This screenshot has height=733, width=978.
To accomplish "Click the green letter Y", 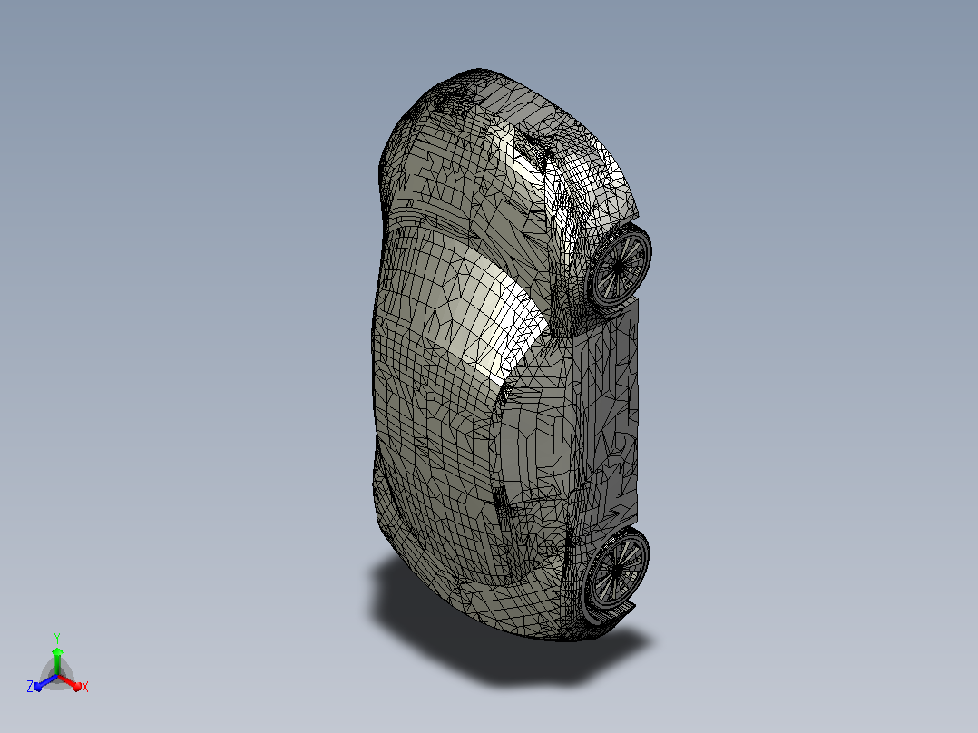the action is [57, 638].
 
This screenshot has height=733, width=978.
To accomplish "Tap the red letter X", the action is [85, 687].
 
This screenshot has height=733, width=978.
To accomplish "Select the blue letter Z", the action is [30, 686].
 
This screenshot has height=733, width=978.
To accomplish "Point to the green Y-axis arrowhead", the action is [57, 652].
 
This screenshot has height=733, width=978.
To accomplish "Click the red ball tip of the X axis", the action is [77, 686].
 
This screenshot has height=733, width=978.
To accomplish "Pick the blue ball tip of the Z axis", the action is [38, 686].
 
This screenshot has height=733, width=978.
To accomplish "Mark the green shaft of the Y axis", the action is [57, 666].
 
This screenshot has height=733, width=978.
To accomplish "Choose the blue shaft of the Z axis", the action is [48, 681].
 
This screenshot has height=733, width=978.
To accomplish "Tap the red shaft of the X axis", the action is [67, 681].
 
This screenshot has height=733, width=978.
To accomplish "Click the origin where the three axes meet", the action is [57, 676].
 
